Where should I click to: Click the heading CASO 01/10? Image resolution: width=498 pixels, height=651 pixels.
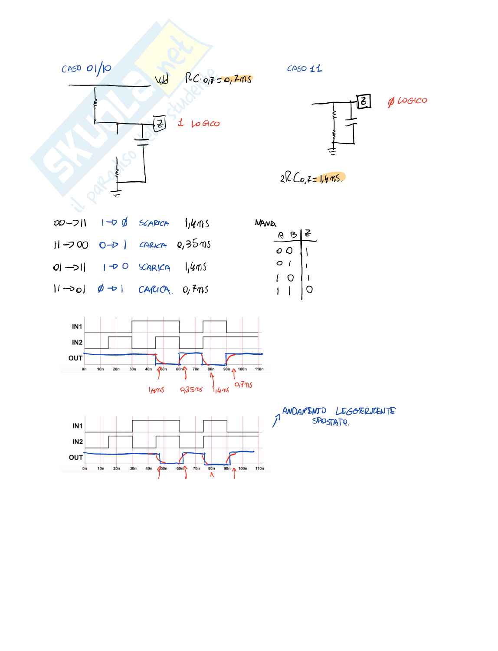[86, 69]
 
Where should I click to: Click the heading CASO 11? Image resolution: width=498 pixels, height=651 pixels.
[305, 69]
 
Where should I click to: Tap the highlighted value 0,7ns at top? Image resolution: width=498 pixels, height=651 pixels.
[237, 79]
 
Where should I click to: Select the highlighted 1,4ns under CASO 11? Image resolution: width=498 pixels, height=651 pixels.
[331, 178]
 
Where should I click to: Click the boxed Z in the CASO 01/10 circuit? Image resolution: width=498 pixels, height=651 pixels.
[160, 124]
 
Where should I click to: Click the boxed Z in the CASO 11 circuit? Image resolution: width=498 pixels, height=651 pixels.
[364, 101]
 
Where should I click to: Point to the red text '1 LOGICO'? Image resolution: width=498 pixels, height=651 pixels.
[199, 124]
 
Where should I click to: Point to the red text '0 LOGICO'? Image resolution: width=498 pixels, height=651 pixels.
[407, 101]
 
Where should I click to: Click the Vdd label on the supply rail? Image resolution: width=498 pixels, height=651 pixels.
[161, 80]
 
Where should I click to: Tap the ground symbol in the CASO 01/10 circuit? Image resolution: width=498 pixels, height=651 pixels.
[116, 192]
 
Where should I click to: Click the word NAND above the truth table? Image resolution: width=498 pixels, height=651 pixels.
[265, 223]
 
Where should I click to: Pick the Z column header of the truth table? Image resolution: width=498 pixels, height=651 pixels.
[308, 234]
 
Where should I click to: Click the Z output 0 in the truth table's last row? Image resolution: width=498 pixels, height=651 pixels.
[309, 290]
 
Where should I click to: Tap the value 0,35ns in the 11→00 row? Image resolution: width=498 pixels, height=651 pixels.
[194, 245]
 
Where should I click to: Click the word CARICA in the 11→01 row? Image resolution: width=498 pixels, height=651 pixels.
[154, 290]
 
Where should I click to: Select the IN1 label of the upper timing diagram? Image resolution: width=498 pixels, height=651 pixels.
[77, 327]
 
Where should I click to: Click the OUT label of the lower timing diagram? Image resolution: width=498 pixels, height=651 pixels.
[75, 458]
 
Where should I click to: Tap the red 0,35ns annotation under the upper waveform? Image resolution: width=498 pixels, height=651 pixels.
[191, 389]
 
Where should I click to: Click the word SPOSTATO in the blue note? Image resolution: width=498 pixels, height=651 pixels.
[330, 421]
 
